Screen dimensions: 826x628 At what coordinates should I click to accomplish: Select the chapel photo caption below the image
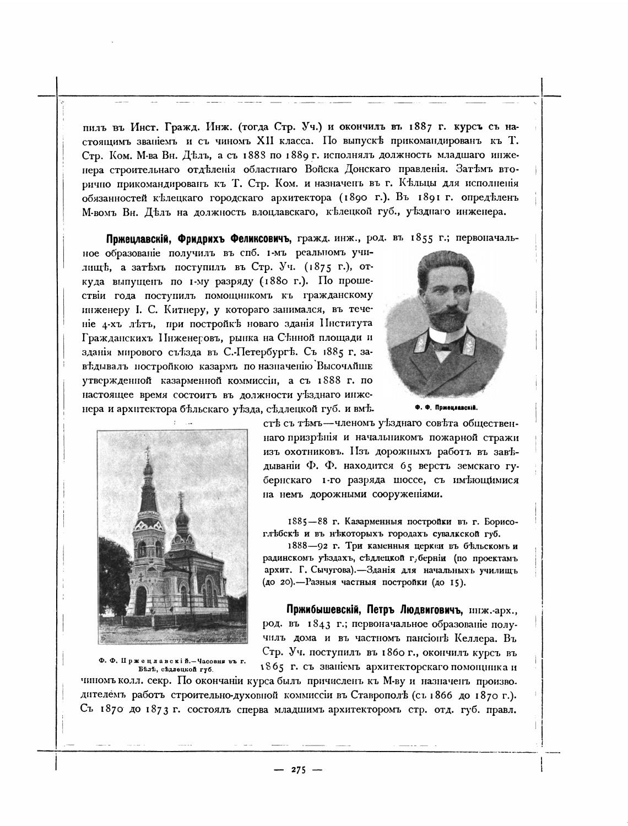click(x=171, y=664)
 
